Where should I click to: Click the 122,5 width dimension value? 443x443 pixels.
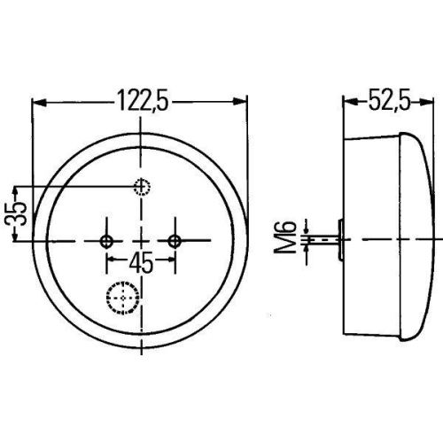coord(143,102)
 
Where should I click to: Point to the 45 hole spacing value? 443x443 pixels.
coord(142,262)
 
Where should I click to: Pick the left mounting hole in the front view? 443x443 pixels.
coord(107,240)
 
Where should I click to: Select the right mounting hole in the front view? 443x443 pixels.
coord(175,240)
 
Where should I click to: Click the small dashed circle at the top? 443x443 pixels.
coord(141,186)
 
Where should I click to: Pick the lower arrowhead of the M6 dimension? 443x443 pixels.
coord(307,249)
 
